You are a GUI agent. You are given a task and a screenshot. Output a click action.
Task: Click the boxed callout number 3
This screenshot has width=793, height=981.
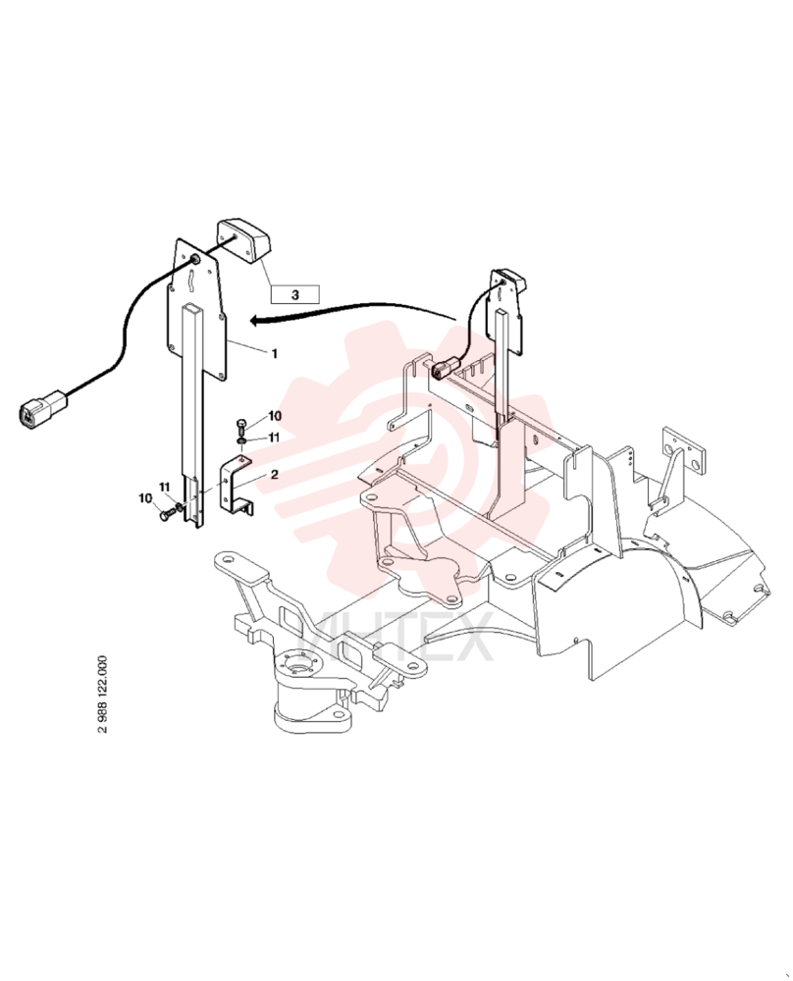coord(295,294)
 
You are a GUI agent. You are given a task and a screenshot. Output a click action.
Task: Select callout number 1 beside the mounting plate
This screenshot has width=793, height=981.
coord(274,353)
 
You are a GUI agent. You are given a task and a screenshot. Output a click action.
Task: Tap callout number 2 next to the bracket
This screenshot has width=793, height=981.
coord(274,475)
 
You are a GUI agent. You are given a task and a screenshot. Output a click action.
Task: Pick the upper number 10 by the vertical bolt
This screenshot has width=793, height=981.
coord(276,416)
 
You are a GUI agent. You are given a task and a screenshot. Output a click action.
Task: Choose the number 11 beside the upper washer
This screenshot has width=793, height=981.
coord(274,438)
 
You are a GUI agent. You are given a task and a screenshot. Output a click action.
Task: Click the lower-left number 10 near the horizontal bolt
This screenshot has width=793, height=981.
coord(145,498)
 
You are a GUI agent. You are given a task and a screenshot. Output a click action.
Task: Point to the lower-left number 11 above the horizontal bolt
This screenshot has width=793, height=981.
coord(164,487)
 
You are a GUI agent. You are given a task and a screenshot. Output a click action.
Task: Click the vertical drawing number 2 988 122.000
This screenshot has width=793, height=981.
coord(103,695)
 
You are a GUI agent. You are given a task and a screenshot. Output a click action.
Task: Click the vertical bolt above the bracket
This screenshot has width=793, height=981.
coord(242,428)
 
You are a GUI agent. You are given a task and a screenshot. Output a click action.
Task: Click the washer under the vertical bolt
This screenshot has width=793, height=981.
coord(242,442)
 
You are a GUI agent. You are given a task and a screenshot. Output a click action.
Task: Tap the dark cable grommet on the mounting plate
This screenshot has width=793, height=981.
coord(194,260)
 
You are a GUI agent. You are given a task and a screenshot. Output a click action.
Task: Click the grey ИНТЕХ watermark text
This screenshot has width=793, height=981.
coord(396,637)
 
